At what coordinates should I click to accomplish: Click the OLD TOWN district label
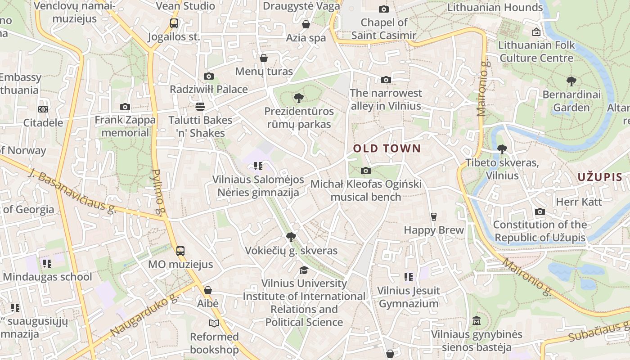pos(387,148)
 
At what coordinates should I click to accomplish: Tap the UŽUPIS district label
pos(599,177)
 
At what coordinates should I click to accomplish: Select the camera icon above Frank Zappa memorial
pos(125,107)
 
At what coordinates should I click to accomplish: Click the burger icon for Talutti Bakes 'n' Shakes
pos(200,107)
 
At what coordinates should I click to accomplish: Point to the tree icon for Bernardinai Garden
pos(571,81)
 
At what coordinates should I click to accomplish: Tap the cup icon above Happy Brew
pos(433,216)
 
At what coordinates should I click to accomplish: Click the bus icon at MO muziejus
pos(180,251)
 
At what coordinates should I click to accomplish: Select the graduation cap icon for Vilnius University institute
pos(304,270)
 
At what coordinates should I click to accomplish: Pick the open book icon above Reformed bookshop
pos(214,323)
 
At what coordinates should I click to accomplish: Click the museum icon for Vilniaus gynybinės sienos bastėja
pos(477,321)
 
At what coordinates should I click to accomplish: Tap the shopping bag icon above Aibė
pos(207,290)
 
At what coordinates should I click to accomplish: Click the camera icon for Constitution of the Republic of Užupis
pos(540,211)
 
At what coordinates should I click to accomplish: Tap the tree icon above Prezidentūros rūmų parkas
pos(298,98)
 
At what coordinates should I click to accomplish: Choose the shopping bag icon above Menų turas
pos(264,58)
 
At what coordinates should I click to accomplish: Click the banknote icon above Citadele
pos(43,109)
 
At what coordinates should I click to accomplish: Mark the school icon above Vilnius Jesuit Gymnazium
pos(408,277)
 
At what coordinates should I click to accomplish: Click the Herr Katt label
pos(579,202)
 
